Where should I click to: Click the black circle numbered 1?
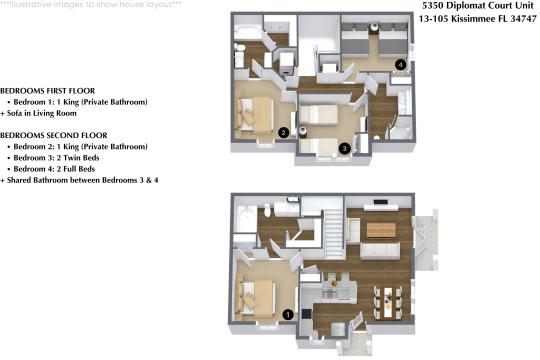[289, 314]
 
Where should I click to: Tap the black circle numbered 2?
[284, 131]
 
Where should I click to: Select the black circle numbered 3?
[344, 148]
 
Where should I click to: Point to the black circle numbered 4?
[400, 65]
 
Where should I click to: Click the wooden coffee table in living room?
[378, 230]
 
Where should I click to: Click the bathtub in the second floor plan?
[246, 34]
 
